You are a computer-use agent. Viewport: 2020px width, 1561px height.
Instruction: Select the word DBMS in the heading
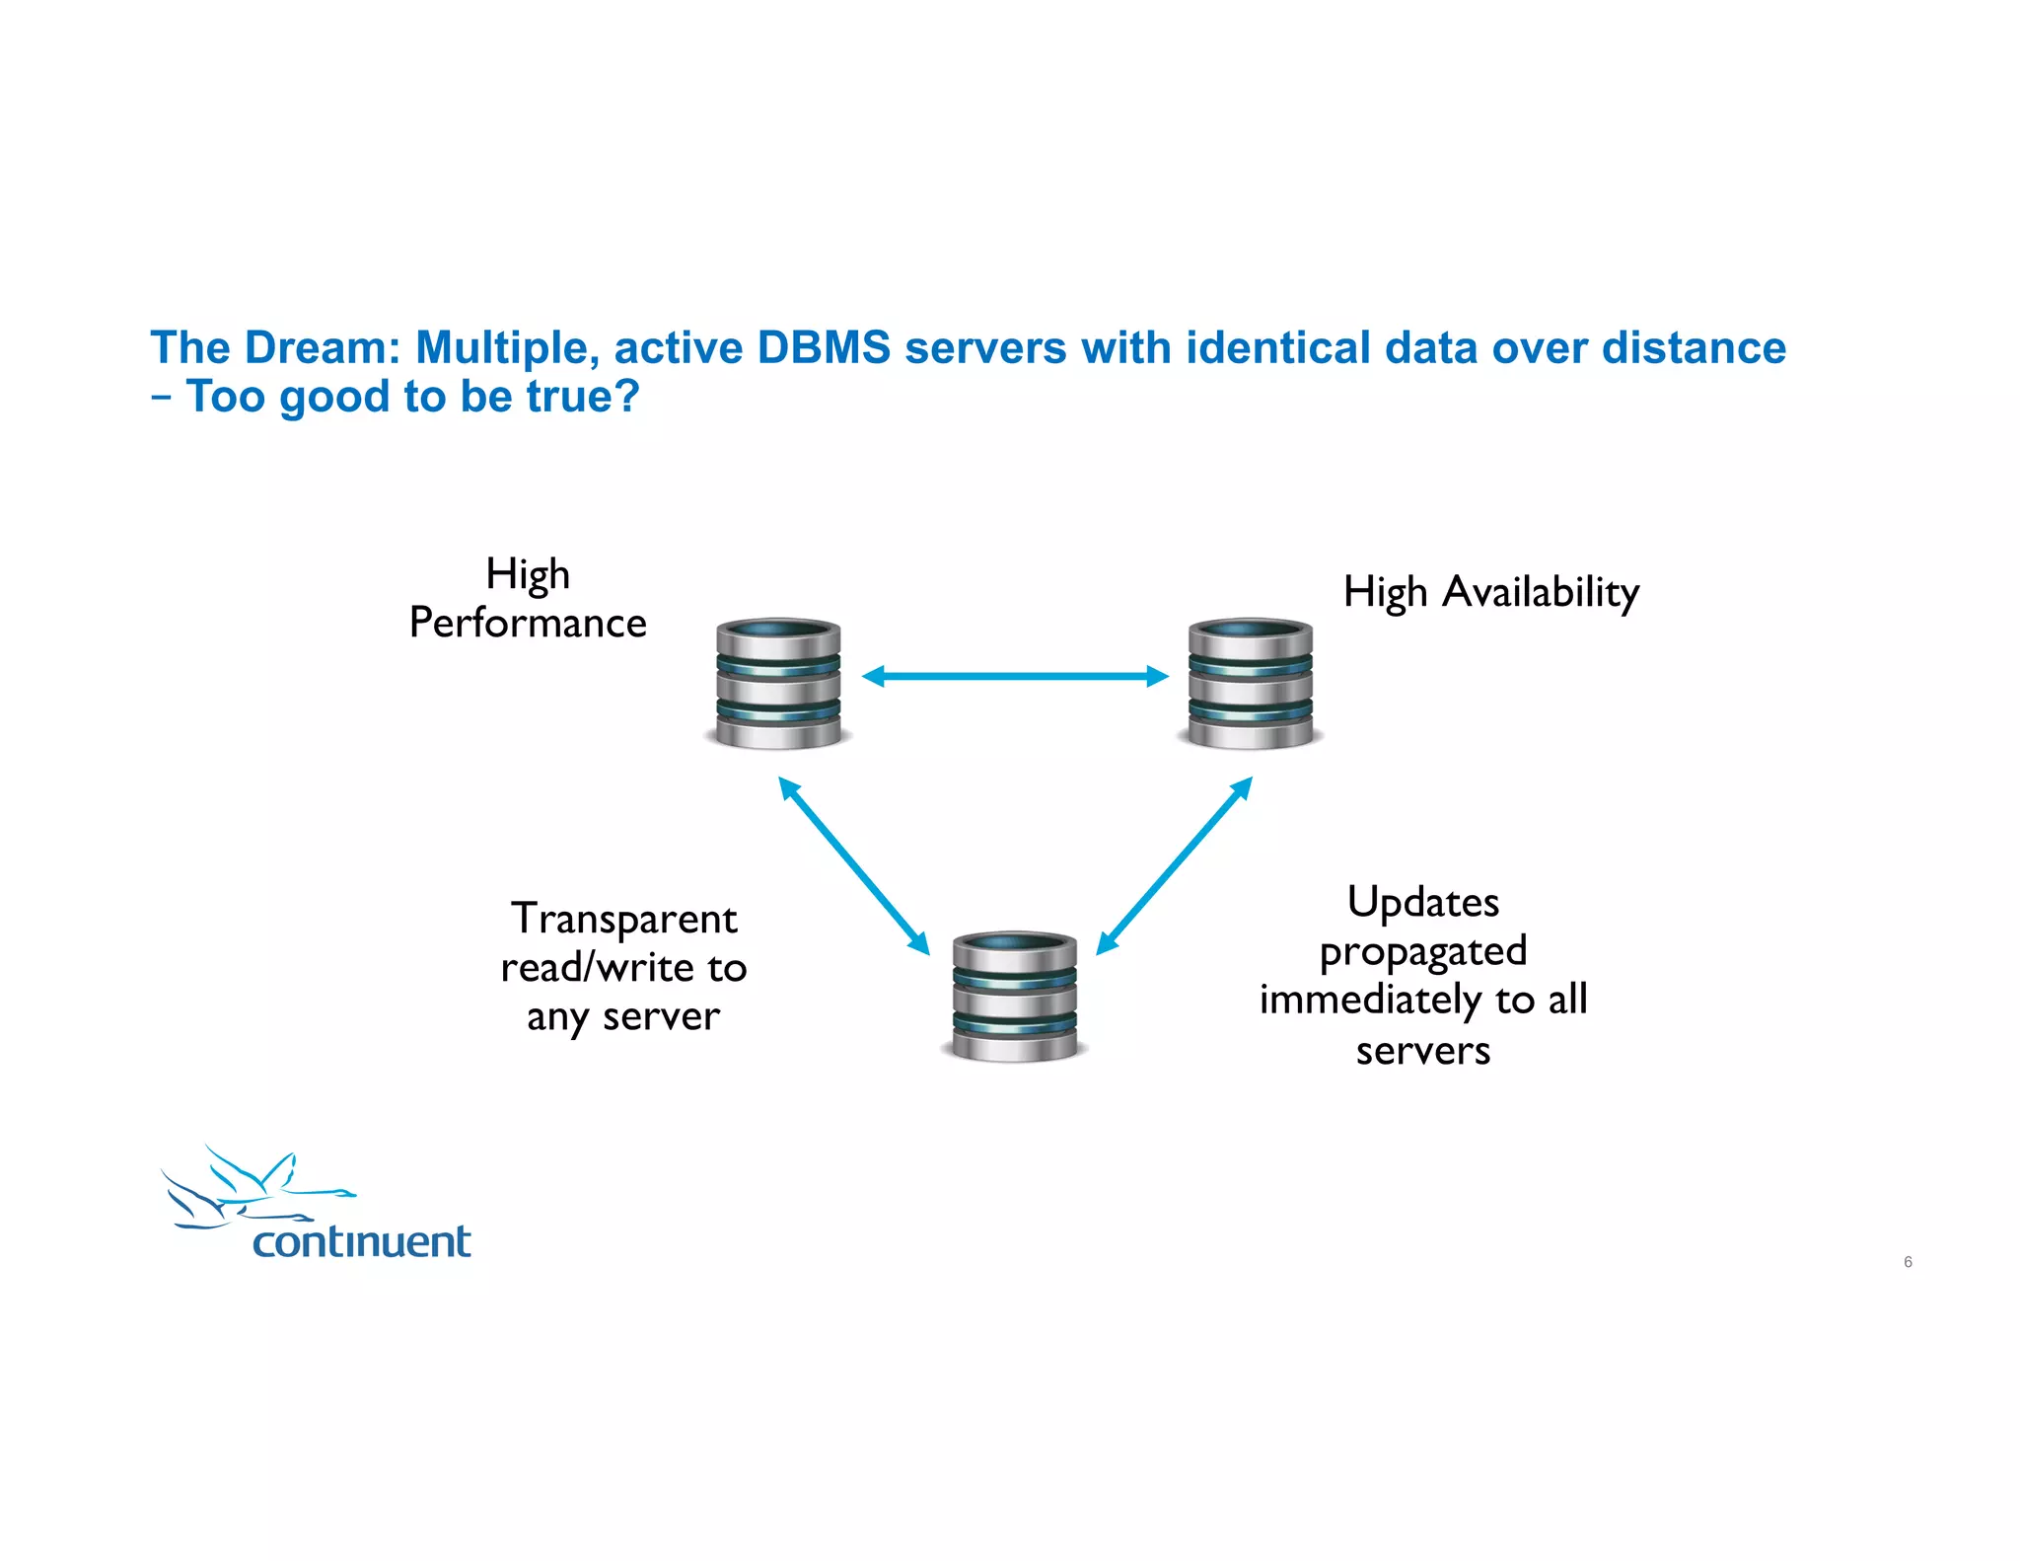(x=824, y=347)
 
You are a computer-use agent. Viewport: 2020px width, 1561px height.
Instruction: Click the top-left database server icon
(x=778, y=683)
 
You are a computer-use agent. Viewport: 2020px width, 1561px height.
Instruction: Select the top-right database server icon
(x=1250, y=683)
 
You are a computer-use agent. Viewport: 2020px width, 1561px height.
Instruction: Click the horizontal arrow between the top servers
(x=1015, y=676)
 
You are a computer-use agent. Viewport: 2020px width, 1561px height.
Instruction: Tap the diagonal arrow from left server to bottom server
(x=854, y=865)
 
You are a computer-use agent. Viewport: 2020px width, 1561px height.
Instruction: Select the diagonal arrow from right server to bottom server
(x=1174, y=865)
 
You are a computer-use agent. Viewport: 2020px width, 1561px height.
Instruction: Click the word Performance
(x=528, y=623)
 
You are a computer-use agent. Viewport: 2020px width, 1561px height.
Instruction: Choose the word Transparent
(x=623, y=919)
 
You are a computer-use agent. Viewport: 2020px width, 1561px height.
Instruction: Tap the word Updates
(x=1422, y=902)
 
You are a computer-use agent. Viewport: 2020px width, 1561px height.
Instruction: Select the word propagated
(x=1422, y=951)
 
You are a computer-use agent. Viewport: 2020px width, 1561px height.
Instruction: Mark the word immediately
(x=1370, y=1000)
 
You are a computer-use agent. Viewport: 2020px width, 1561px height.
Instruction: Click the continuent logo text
(x=361, y=1241)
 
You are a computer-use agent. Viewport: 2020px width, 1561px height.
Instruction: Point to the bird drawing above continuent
(x=252, y=1187)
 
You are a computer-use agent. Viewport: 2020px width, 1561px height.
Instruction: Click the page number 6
(x=1908, y=1262)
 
